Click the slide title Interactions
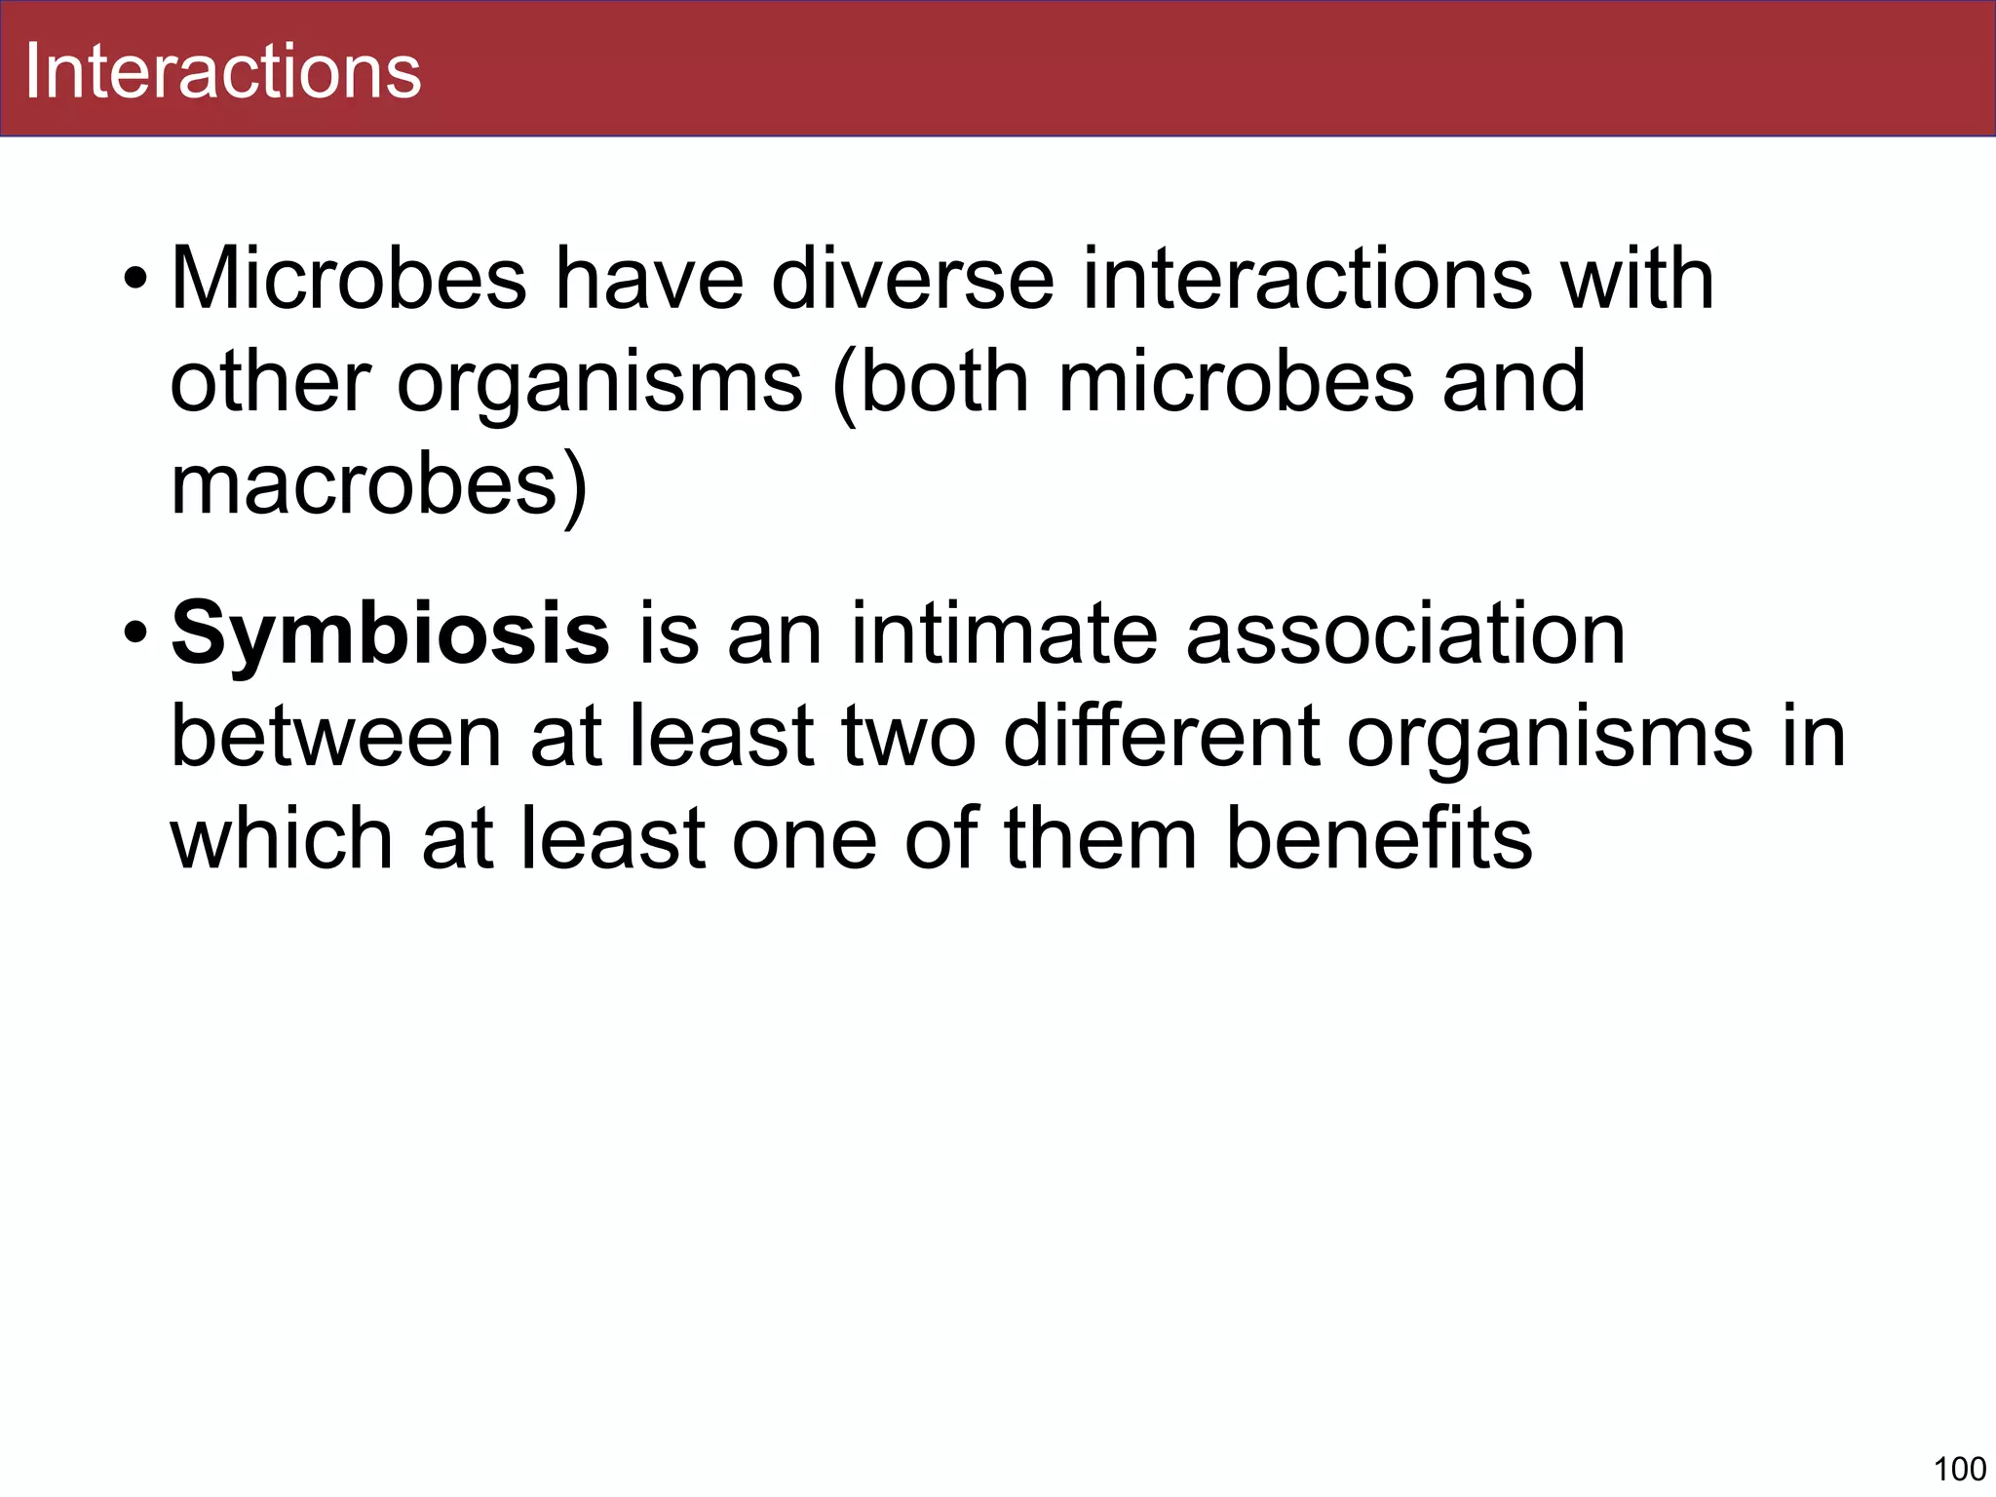[222, 71]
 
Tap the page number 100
[1959, 1468]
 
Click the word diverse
[912, 280]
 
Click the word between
[336, 738]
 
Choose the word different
[1160, 738]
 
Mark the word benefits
[1379, 839]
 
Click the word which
[281, 839]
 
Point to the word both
[943, 382]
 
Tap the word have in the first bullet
[649, 280]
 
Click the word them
[1100, 839]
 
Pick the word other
[270, 382]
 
